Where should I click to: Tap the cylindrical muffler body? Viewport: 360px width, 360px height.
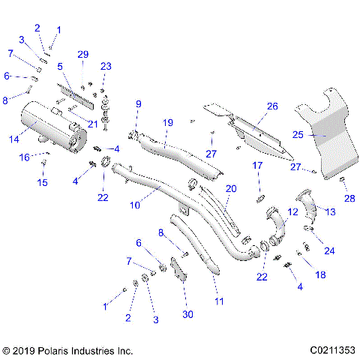point(46,123)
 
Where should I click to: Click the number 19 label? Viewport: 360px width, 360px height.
point(167,121)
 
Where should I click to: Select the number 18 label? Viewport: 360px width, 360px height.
point(321,274)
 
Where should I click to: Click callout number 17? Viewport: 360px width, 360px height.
point(256,165)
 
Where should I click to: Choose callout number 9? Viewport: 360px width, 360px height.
point(138,103)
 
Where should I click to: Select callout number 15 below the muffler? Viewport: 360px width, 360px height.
point(43,182)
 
